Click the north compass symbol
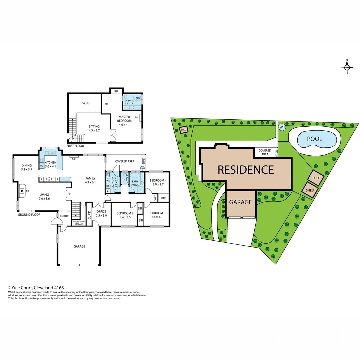tap(347, 67)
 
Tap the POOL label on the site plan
tap(314, 139)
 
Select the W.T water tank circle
tap(282, 127)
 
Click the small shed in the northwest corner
tap(183, 130)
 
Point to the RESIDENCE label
tap(246, 169)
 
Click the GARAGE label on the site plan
tap(240, 202)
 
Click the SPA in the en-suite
tap(138, 98)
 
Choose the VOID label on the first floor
tap(86, 103)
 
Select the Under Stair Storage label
tap(78, 223)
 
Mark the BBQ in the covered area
tap(144, 161)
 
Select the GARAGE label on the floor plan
tap(79, 247)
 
